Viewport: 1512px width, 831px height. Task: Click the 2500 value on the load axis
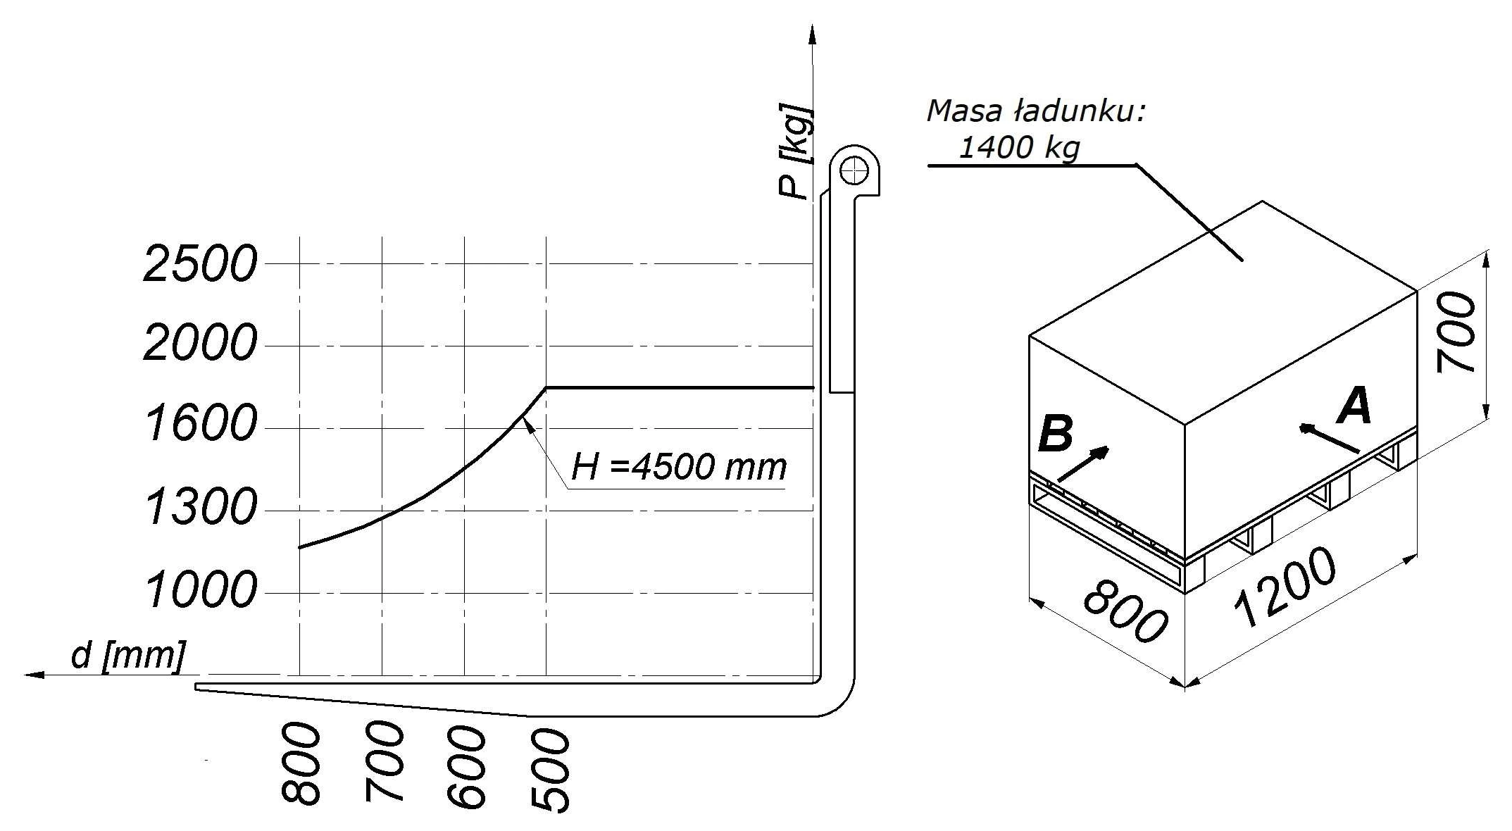point(200,265)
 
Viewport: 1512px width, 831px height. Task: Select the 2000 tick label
point(200,344)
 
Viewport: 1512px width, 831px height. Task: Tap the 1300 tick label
point(200,507)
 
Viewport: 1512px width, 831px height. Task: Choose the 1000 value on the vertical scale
point(200,590)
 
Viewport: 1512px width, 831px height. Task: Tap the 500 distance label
point(549,771)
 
